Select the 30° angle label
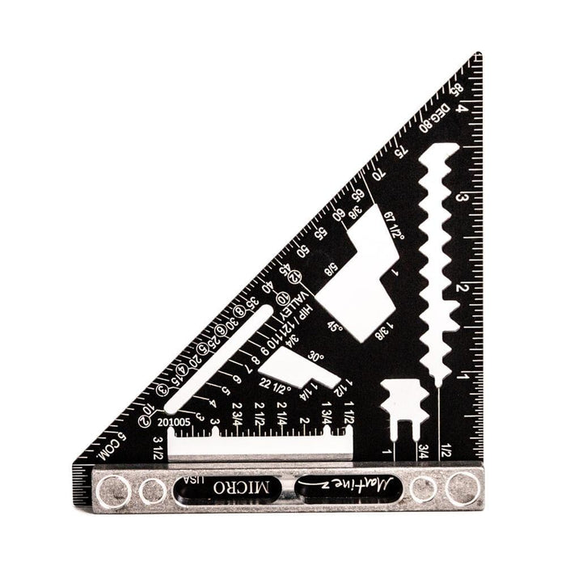click(x=315, y=357)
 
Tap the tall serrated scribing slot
click(x=437, y=259)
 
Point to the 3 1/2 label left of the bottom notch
click(x=158, y=444)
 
